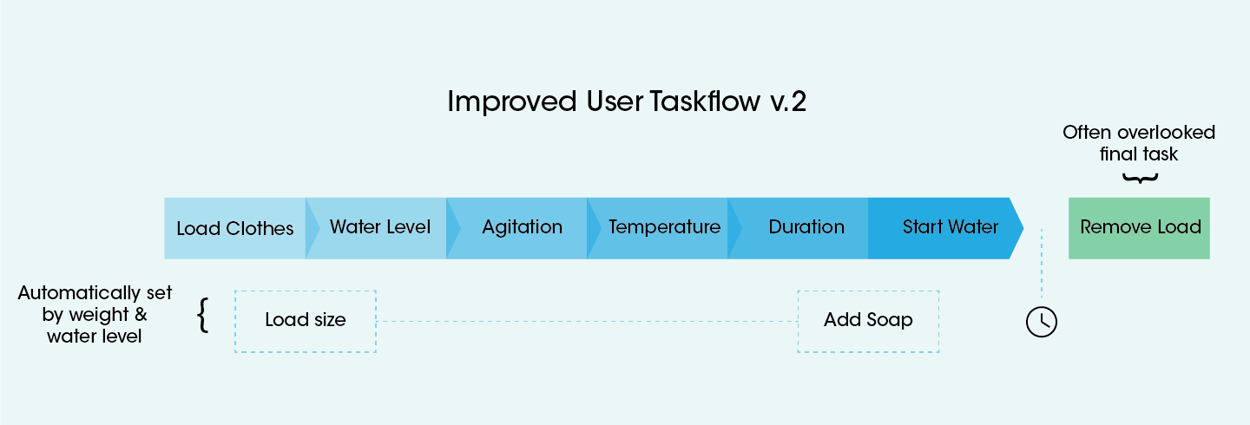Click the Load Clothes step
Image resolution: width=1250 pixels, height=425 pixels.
[235, 228]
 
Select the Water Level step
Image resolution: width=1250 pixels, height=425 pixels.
[380, 228]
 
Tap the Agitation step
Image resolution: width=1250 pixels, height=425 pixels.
[522, 228]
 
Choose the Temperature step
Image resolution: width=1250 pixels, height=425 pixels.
[664, 228]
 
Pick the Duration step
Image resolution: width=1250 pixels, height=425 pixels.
[806, 228]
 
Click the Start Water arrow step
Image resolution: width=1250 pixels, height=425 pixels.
[946, 228]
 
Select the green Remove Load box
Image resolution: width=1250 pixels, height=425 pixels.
[1139, 228]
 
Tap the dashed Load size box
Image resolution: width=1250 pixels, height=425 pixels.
[306, 321]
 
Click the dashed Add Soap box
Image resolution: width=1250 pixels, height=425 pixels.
[868, 321]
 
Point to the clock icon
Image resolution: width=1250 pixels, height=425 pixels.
[1042, 322]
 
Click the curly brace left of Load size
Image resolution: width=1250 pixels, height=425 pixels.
[203, 316]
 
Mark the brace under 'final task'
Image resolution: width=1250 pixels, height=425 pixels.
[1140, 178]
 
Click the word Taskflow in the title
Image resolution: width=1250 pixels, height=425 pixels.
[705, 101]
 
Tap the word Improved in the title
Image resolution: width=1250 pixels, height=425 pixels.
[512, 102]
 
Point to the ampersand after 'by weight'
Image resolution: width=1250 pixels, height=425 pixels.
[141, 314]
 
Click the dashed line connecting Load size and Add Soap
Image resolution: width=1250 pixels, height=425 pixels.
[587, 321]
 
